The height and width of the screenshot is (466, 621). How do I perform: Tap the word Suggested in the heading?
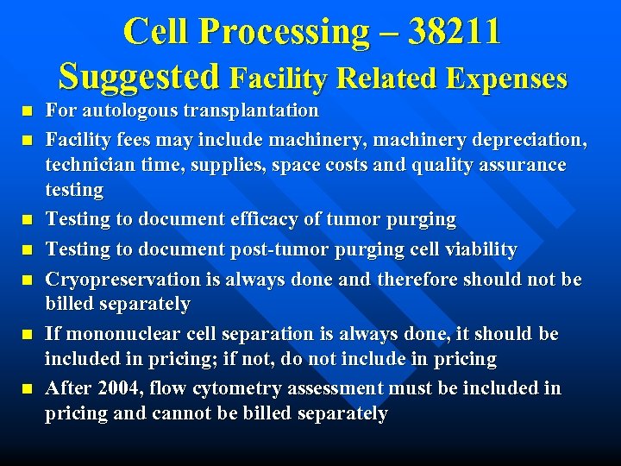138,77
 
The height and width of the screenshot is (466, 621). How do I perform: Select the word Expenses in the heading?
506,79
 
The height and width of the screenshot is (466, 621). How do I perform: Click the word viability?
478,249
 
